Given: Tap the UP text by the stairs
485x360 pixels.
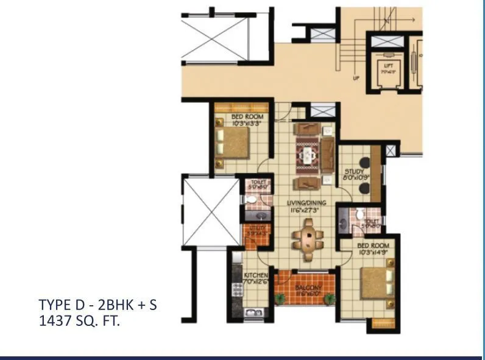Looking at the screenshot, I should (x=356, y=78).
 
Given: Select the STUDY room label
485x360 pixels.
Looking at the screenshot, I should (x=353, y=173).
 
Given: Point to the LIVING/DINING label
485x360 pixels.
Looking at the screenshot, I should (x=307, y=203).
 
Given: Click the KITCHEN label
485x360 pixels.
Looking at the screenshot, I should (x=256, y=275).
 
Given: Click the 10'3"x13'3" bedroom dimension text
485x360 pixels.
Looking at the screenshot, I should (x=247, y=122).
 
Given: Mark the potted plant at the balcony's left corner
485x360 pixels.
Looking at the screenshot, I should (x=280, y=299).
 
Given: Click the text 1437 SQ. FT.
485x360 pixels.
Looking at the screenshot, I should (x=79, y=320).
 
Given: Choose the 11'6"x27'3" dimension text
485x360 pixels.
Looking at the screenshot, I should (x=307, y=210).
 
